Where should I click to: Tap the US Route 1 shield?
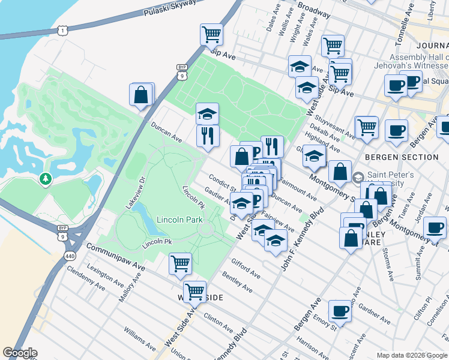coord(64,29)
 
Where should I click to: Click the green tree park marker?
coord(45,179)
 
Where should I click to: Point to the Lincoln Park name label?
coord(179,220)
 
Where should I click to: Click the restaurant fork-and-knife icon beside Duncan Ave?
coord(208,135)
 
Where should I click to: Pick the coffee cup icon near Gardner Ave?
coord(340,310)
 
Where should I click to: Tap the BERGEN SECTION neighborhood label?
coord(402,157)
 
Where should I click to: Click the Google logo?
coord(20,353)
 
